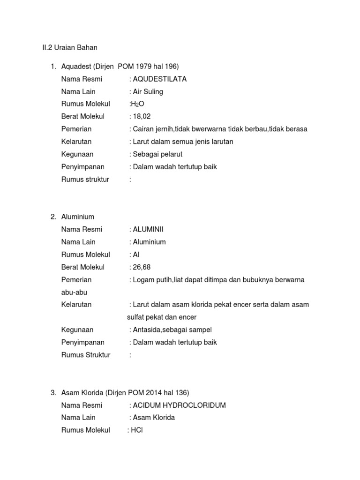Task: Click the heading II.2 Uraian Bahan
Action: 67,48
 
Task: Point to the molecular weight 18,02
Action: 142,117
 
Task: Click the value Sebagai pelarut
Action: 157,154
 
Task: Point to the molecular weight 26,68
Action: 142,267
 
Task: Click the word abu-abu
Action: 75,292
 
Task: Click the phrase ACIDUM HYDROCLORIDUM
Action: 179,405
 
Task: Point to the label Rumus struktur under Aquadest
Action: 85,180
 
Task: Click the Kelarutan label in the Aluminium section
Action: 76,305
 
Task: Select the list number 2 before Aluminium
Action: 52,217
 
